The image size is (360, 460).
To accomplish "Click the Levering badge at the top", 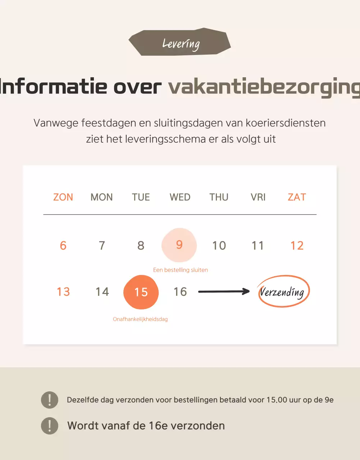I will click(x=180, y=43).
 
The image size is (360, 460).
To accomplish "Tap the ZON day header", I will click(x=63, y=197).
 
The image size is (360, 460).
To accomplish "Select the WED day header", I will click(x=180, y=197).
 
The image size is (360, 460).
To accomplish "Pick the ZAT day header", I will click(x=297, y=197).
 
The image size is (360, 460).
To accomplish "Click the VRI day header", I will click(x=258, y=197).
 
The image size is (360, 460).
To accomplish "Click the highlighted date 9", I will click(x=179, y=245).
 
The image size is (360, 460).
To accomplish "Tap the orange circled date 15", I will click(x=141, y=292).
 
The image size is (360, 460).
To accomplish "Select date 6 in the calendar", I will click(x=63, y=245).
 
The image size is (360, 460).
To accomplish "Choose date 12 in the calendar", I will click(x=297, y=245).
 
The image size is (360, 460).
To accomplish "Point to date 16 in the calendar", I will click(x=180, y=292).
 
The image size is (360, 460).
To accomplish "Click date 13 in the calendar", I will click(x=63, y=292).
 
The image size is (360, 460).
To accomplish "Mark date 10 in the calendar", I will click(x=219, y=245).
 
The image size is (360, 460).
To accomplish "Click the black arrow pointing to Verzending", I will click(x=224, y=291).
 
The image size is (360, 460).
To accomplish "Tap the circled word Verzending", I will click(x=283, y=291).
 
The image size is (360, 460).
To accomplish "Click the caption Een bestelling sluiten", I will click(x=180, y=270).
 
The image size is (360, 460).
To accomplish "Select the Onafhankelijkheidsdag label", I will click(x=140, y=319).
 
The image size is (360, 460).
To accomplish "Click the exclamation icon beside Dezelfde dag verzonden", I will click(x=50, y=400).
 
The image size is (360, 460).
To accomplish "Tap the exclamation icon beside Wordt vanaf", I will click(x=50, y=426).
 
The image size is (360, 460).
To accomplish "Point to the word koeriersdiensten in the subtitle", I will click(x=286, y=123).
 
